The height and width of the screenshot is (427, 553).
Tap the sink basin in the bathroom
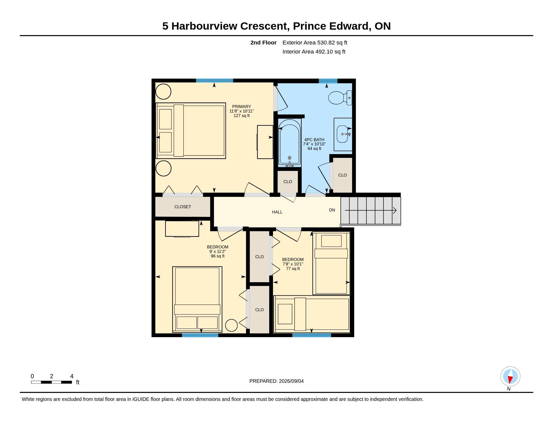pyautogui.click(x=342, y=134)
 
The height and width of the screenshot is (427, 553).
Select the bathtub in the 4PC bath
pyautogui.click(x=289, y=143)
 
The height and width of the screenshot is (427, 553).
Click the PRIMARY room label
pyautogui.click(x=241, y=106)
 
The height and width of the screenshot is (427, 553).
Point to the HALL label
pyautogui.click(x=277, y=212)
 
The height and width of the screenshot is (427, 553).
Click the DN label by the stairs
pyautogui.click(x=332, y=210)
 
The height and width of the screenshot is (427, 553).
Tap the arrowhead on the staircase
pyautogui.click(x=394, y=210)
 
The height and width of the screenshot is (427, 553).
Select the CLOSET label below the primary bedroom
pyautogui.click(x=182, y=207)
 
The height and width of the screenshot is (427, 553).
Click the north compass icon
pyautogui.click(x=510, y=377)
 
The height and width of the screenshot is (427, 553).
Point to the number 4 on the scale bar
pyautogui.click(x=72, y=376)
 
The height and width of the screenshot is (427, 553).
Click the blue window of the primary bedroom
pyautogui.click(x=214, y=81)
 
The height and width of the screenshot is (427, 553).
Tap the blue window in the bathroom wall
pyautogui.click(x=328, y=81)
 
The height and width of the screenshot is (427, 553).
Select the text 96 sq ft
pyautogui.click(x=217, y=256)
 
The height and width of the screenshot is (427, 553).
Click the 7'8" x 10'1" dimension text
pyautogui.click(x=293, y=264)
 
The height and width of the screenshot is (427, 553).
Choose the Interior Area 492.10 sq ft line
pyautogui.click(x=314, y=51)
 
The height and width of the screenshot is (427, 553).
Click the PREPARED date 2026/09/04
pyautogui.click(x=291, y=381)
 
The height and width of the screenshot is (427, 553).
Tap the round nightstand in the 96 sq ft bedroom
pyautogui.click(x=231, y=325)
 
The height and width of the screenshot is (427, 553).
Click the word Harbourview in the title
pyautogui.click(x=204, y=26)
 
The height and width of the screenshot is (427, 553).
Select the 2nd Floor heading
pyautogui.click(x=263, y=42)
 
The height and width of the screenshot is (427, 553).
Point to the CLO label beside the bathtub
pyautogui.click(x=288, y=182)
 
